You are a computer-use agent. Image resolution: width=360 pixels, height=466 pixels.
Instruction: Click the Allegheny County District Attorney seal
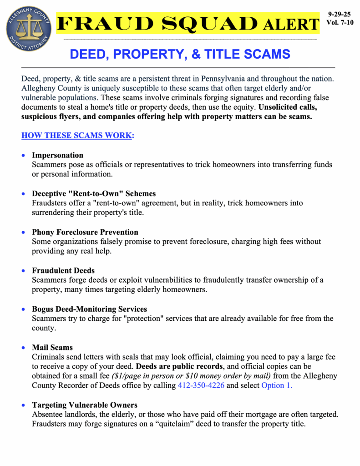(29, 28)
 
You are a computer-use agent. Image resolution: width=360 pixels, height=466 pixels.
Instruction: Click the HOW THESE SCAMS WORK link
(77, 136)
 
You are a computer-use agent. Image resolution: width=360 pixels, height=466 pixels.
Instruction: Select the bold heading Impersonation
(57, 155)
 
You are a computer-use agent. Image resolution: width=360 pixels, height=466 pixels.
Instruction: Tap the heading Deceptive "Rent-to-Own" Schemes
(94, 193)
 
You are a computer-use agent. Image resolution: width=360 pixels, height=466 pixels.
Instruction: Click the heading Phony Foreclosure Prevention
(85, 232)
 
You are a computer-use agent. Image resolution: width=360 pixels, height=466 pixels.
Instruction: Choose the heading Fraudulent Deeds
(63, 270)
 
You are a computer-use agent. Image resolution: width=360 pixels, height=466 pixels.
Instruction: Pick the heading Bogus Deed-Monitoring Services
(89, 309)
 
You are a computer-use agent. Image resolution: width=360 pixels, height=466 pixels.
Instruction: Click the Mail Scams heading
(52, 348)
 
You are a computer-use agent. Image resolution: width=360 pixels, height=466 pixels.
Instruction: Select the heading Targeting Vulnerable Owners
(85, 405)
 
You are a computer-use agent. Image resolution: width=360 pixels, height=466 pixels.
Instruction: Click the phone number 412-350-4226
(201, 385)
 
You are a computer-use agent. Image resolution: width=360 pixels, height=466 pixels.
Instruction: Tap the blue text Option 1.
(277, 385)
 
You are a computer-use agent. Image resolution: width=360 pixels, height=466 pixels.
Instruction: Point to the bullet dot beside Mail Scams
(24, 348)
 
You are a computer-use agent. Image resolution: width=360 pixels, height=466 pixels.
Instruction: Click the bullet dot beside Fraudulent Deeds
(24, 271)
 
